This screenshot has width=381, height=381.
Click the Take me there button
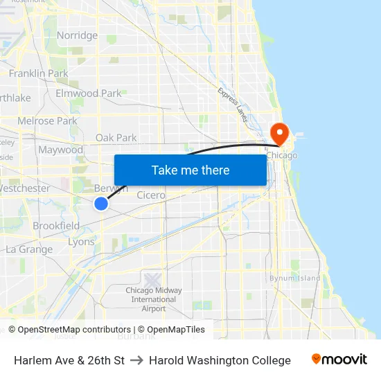[190, 170]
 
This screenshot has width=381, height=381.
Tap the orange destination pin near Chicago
[279, 132]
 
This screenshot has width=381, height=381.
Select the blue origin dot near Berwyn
[101, 203]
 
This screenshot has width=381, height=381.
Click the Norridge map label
[77, 35]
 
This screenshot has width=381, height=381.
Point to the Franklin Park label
[38, 73]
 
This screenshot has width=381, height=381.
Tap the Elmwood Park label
[88, 93]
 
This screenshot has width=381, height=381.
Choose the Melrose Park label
[47, 121]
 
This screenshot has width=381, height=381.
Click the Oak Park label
[116, 138]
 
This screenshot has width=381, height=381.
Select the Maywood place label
[60, 150]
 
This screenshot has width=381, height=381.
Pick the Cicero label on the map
[150, 195]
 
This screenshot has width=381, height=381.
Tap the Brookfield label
[56, 226]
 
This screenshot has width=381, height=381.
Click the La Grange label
[29, 249]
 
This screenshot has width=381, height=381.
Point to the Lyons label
[81, 242]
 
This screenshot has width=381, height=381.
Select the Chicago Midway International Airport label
[154, 299]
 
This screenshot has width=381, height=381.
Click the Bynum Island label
[295, 278]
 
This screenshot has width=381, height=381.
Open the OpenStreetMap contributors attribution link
[74, 330]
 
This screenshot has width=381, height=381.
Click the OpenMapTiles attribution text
[176, 330]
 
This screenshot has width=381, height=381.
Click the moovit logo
[339, 360]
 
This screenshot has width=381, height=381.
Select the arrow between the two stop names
[136, 360]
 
